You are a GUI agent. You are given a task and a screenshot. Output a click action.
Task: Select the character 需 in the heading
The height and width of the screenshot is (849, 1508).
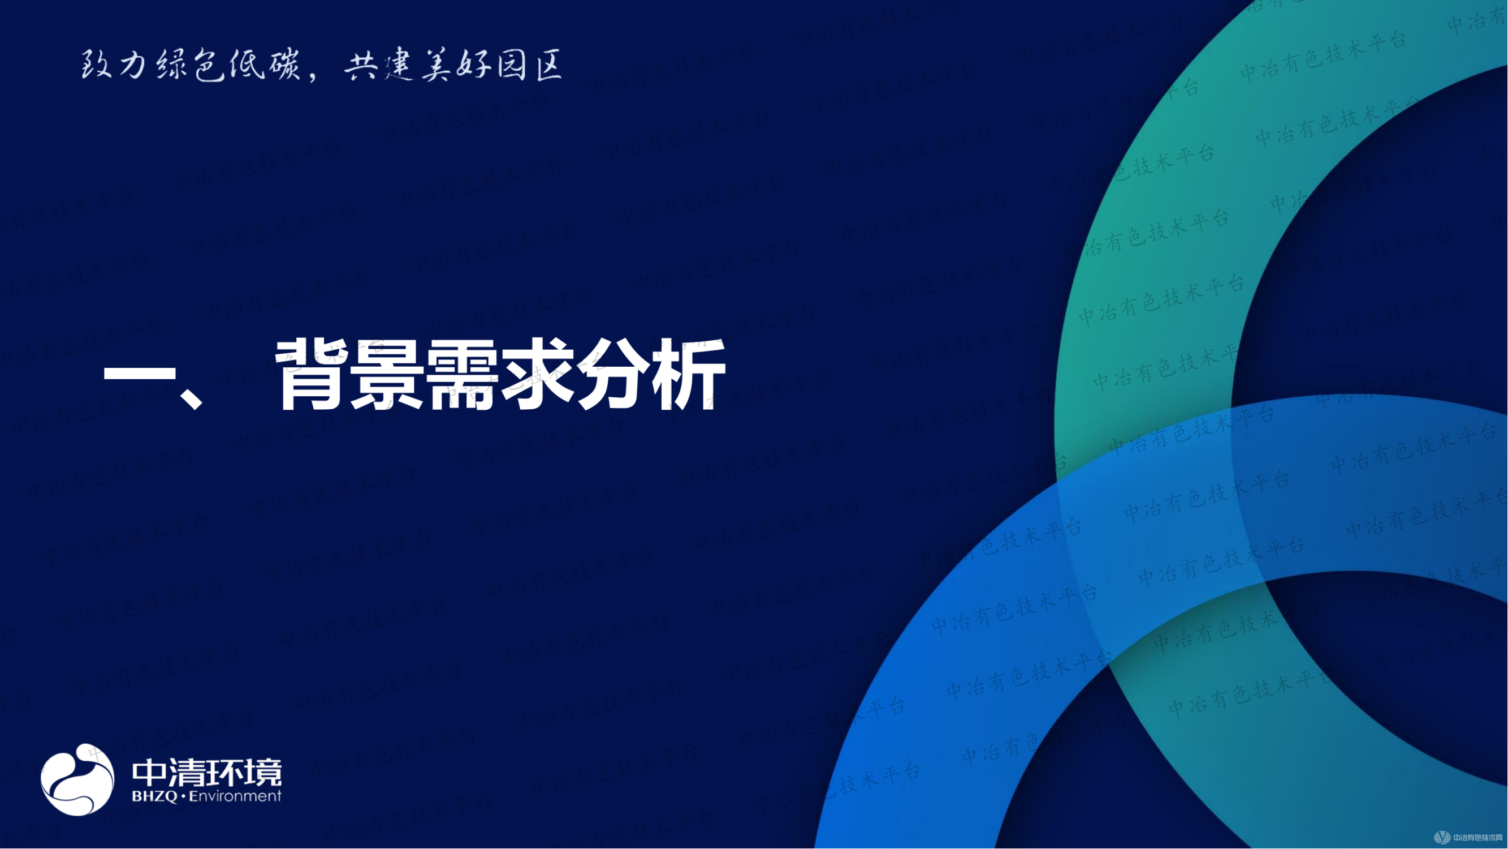(463, 375)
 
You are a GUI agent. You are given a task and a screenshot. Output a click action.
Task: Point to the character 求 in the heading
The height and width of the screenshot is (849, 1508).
(537, 375)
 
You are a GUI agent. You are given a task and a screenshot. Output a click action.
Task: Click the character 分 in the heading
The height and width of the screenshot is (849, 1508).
(613, 375)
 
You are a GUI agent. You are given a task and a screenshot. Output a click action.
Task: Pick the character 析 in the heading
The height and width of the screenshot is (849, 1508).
(690, 375)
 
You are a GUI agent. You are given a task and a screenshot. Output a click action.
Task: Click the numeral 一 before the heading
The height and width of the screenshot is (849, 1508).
(139, 375)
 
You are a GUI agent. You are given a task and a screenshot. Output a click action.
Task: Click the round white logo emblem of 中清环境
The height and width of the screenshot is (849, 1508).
(77, 779)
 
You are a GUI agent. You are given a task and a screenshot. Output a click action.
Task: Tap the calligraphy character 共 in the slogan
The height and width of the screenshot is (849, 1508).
(361, 66)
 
